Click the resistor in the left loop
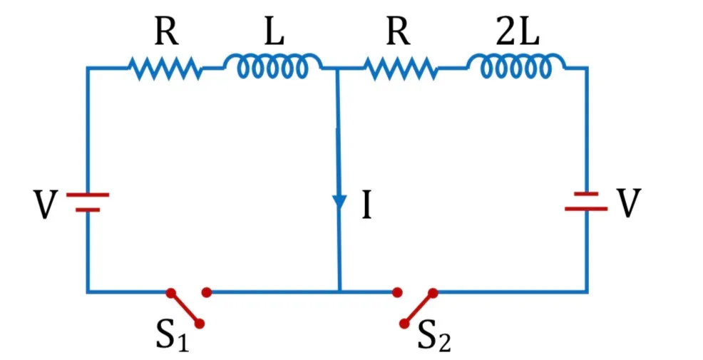point(165,68)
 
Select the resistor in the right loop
point(401,68)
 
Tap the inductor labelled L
point(272,66)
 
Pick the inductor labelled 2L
point(516,66)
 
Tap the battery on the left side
point(88,202)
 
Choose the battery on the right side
point(586,201)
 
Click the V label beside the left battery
point(46,205)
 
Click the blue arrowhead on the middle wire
point(339,201)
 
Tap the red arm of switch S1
point(185,308)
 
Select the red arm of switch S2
point(419,308)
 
